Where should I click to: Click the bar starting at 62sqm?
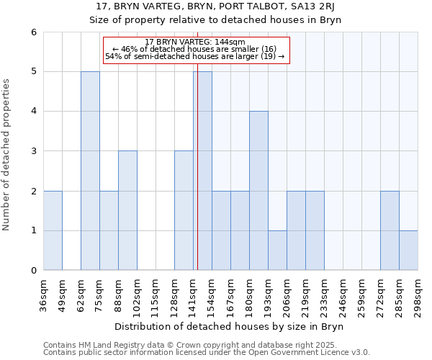(x=90, y=171)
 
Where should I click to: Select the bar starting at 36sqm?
(x=53, y=230)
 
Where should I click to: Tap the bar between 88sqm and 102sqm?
(x=127, y=210)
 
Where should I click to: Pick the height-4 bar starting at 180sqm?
(x=258, y=191)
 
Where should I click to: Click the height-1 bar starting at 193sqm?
(x=277, y=250)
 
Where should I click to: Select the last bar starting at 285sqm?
(x=408, y=250)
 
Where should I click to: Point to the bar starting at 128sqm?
(x=184, y=210)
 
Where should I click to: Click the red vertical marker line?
(x=197, y=180)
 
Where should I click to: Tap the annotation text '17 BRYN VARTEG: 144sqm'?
(x=195, y=42)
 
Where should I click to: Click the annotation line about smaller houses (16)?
(x=195, y=49)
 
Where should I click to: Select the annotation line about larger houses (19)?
(x=195, y=56)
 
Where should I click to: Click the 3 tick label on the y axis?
(x=33, y=151)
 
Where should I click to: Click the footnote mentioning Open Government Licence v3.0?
(x=207, y=353)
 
